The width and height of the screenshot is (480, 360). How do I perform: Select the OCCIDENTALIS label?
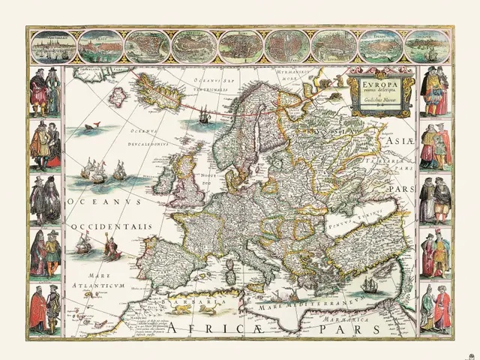pyautogui.click(x=112, y=226)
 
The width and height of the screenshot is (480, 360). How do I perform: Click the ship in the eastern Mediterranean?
pyautogui.click(x=369, y=286)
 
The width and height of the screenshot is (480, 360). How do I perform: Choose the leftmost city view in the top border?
pyautogui.click(x=53, y=46)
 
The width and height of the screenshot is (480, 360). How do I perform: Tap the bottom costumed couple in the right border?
pyautogui.click(x=436, y=307)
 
